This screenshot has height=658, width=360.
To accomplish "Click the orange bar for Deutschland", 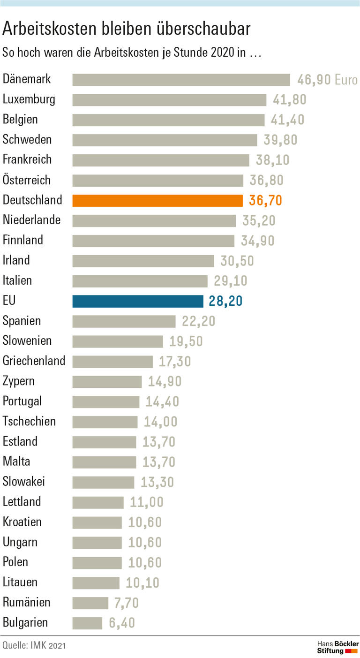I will coord(157,201).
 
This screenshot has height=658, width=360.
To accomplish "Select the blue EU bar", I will coord(138,301).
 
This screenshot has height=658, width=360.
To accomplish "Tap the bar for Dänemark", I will coord(181,80).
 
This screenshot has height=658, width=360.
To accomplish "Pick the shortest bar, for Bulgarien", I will coord(87,623).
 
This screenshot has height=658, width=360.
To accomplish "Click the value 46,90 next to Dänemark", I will coord(314,80).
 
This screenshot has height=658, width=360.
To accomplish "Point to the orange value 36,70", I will coord(266,201).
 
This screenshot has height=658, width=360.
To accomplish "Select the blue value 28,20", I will coord(225,301).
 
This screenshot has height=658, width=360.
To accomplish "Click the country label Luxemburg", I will coord(29,99).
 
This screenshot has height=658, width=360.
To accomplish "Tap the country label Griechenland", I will coord(34,361).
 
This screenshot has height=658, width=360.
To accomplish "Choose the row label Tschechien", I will coord(29,421).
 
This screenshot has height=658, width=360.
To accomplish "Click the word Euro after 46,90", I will coord(346,80).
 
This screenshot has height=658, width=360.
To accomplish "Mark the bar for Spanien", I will coord(124,321).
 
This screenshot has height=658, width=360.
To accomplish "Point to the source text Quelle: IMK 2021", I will coord(34,646).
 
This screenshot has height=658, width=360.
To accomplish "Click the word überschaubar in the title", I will coord(204,29).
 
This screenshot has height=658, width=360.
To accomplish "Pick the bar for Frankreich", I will coord(161,160).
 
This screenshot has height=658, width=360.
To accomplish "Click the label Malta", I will coord(16,461).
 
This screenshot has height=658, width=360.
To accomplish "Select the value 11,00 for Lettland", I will coord(147,502).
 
